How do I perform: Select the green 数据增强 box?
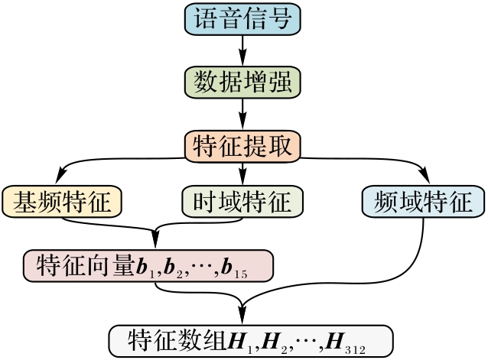[x=243, y=80]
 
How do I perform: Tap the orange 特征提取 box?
[x=243, y=145]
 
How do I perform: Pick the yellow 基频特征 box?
[x=63, y=201]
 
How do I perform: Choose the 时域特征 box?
[x=243, y=201]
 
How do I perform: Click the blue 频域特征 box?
[x=423, y=201]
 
